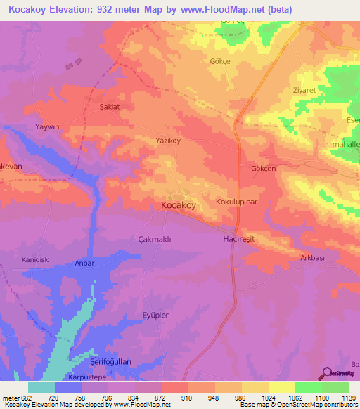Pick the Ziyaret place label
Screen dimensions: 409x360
304,91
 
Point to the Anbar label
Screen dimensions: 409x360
84,263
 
